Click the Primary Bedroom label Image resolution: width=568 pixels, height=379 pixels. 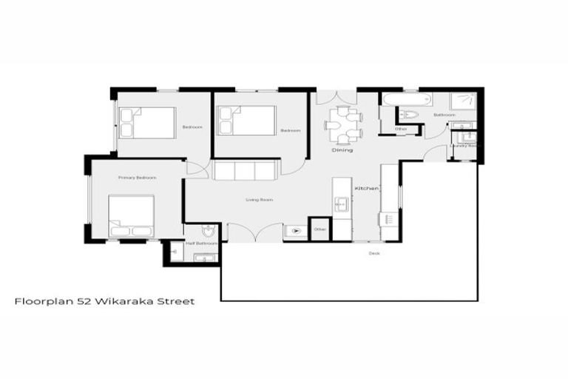coord(137,178)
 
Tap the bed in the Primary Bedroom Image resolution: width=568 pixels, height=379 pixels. coord(132,215)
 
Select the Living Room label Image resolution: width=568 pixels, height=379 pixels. coord(260,200)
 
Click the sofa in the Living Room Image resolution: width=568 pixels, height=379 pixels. coord(245,170)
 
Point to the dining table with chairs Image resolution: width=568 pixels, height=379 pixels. coord(344,124)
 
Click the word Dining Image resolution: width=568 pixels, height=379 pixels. coord(342,150)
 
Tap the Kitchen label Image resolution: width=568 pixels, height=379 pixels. coord(367,189)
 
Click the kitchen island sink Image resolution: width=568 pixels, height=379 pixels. coord(342,204)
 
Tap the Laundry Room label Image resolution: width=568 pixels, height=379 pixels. coord(463,146)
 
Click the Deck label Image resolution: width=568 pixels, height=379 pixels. coord(374,253)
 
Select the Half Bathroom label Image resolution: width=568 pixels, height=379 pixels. coord(201,244)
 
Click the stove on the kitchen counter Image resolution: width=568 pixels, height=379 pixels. coord(388,218)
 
